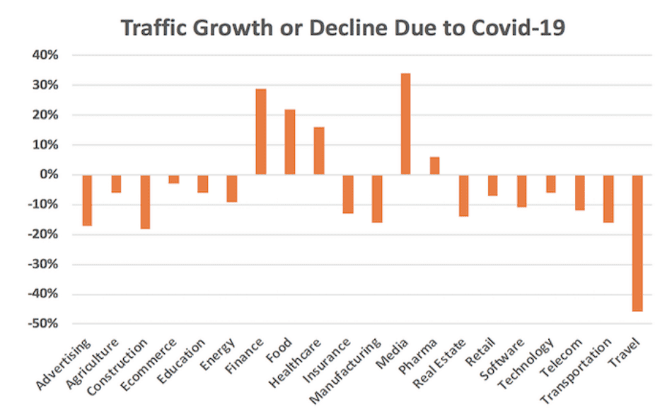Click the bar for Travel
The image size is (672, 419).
click(x=637, y=243)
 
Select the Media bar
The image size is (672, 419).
click(x=405, y=124)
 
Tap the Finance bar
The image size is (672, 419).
click(x=260, y=132)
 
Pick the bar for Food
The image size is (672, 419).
click(x=290, y=142)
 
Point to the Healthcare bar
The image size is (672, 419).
click(x=319, y=151)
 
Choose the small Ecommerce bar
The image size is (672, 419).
click(x=173, y=179)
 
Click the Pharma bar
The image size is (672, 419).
click(x=434, y=166)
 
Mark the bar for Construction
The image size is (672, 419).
click(x=145, y=202)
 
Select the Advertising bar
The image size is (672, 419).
click(x=87, y=200)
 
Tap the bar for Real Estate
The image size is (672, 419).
click(x=463, y=195)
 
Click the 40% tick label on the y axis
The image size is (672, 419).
click(x=45, y=55)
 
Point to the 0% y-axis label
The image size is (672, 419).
click(x=49, y=175)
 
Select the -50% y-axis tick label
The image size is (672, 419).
click(x=43, y=323)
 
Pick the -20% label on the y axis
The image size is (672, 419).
click(x=43, y=234)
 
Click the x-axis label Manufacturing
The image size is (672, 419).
click(x=345, y=371)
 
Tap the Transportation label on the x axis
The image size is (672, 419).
click(x=576, y=371)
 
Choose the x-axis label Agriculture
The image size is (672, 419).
click(x=92, y=364)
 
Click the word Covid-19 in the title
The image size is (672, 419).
click(x=518, y=28)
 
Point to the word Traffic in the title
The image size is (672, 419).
click(x=155, y=28)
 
